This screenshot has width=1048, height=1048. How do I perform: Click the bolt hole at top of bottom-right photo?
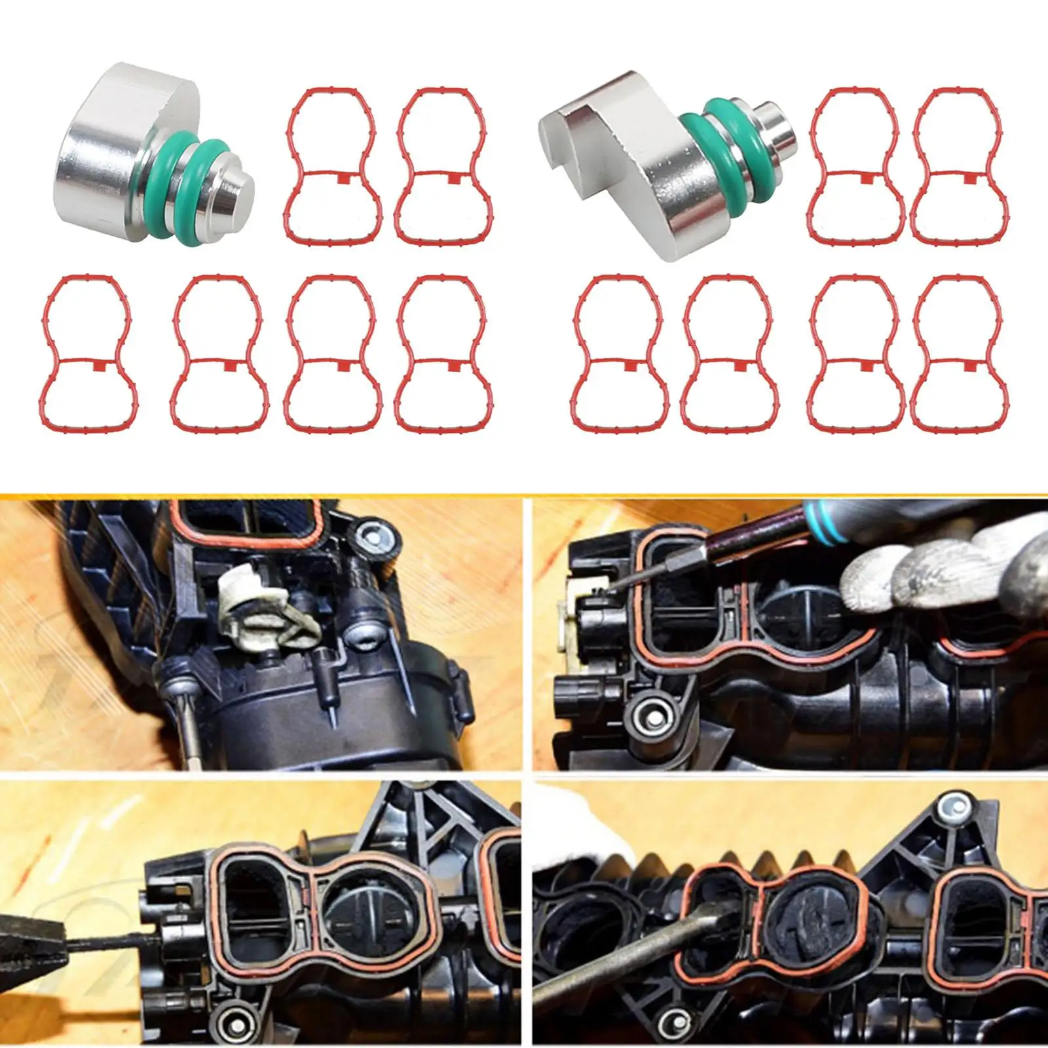[x=946, y=810]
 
